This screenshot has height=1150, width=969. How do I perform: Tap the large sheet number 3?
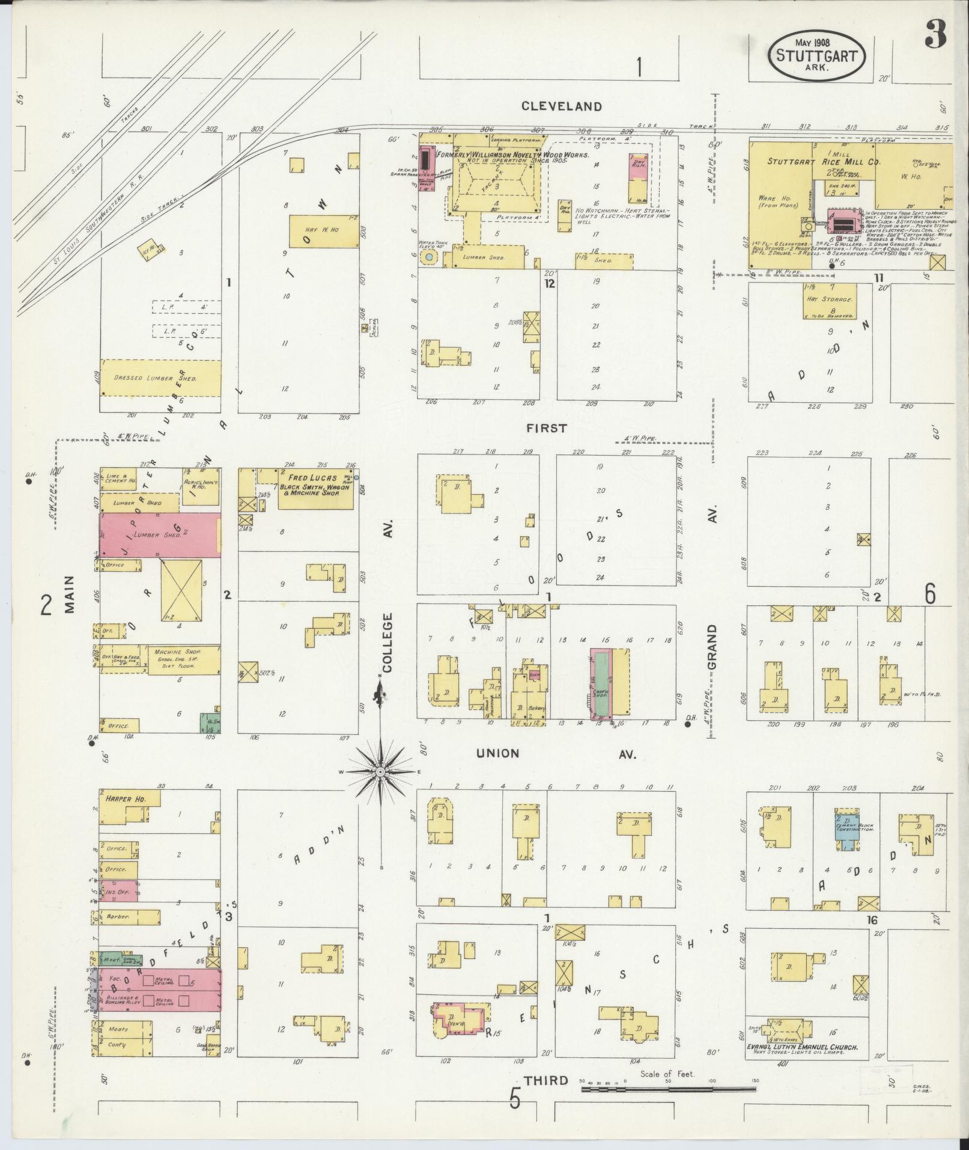tap(935, 34)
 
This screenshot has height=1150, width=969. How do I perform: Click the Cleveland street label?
tap(561, 106)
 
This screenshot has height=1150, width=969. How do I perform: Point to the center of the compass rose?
tap(380, 771)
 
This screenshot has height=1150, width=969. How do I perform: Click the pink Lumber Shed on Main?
tap(159, 534)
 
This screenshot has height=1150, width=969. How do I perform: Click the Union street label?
tap(497, 753)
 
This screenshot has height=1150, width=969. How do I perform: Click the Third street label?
tap(545, 1080)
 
